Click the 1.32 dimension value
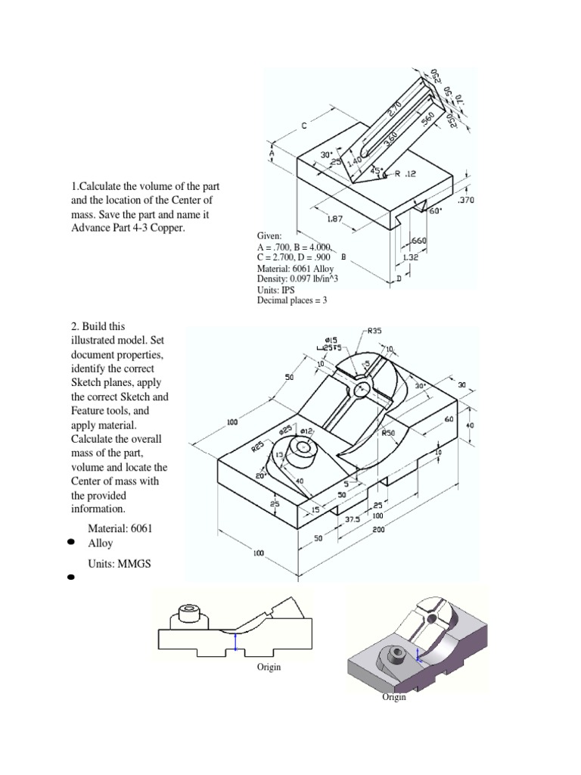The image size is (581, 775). click(x=410, y=258)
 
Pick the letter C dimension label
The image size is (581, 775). click(x=304, y=126)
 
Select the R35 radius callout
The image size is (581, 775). click(x=374, y=331)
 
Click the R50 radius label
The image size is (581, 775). click(x=388, y=434)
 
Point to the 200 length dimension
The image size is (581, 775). click(x=378, y=530)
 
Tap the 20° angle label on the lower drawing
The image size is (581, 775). click(x=260, y=476)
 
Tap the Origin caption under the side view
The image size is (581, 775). click(x=269, y=667)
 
